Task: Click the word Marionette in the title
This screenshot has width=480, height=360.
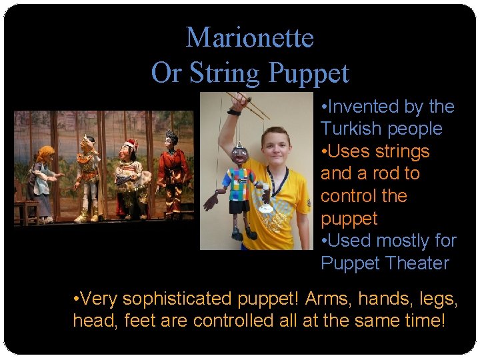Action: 249,37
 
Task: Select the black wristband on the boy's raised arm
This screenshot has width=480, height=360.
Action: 233,112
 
